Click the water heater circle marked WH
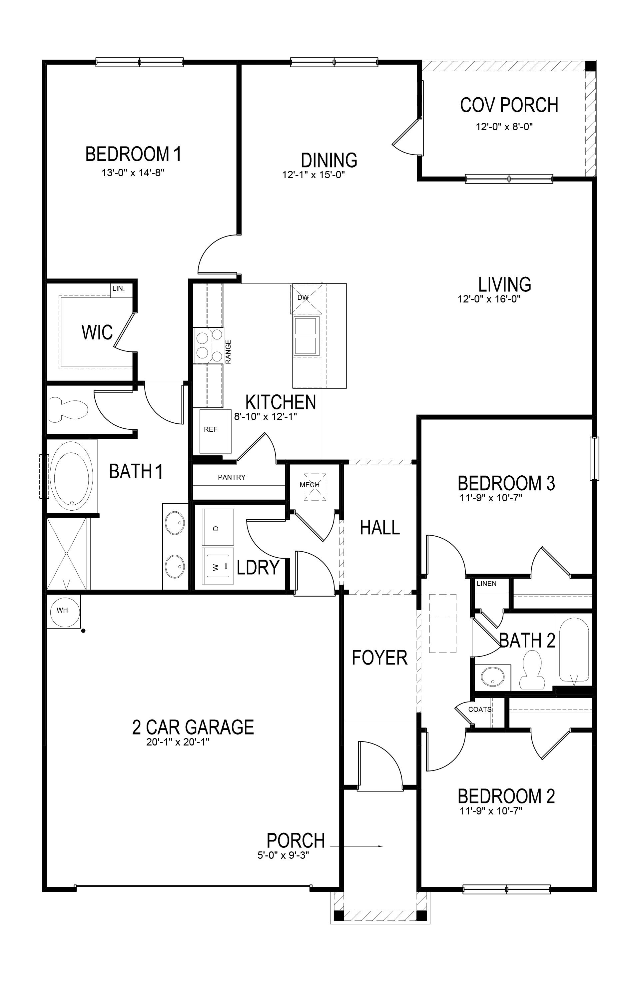click(62, 610)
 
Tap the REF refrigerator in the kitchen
click(211, 430)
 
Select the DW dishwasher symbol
click(303, 297)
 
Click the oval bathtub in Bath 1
click(71, 475)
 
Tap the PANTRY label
click(231, 477)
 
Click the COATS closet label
click(480, 710)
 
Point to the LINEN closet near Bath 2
click(486, 584)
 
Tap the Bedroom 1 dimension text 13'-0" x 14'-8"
click(133, 173)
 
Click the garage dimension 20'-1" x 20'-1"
click(177, 742)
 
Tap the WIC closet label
click(97, 332)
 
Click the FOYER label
click(379, 658)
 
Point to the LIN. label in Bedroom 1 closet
click(118, 288)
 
